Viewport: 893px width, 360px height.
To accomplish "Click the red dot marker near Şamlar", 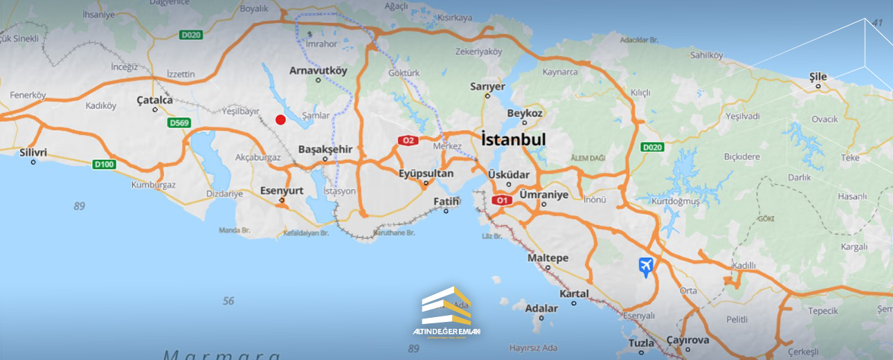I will pyautogui.click(x=280, y=120).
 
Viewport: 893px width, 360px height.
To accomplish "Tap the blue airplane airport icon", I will pyautogui.click(x=646, y=266).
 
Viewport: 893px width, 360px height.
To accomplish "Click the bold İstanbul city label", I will pyautogui.click(x=513, y=139).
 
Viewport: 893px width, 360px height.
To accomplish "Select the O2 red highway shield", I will pyautogui.click(x=408, y=141).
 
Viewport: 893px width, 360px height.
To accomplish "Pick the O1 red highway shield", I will pyautogui.click(x=502, y=200).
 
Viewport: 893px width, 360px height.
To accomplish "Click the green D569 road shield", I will pyautogui.click(x=179, y=123).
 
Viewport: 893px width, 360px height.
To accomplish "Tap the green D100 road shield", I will pyautogui.click(x=103, y=164).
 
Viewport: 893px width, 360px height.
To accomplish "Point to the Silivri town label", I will pyautogui.click(x=33, y=152).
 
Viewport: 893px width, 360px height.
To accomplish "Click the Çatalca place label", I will pyautogui.click(x=154, y=100).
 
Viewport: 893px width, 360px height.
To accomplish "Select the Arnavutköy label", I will pyautogui.click(x=318, y=70).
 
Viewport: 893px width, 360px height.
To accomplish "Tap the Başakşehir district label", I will pyautogui.click(x=325, y=149).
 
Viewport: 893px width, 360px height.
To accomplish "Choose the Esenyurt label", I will pyautogui.click(x=282, y=190).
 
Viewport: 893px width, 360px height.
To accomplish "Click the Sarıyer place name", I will pyautogui.click(x=488, y=87).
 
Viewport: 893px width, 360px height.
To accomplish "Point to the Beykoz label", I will pyautogui.click(x=525, y=113).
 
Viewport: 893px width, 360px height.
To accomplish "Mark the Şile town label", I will pyautogui.click(x=818, y=76).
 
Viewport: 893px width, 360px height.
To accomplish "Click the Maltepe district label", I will pyautogui.click(x=548, y=258).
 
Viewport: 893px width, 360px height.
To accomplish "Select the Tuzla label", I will pyautogui.click(x=642, y=343).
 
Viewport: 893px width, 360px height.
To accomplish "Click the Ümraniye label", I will pyautogui.click(x=543, y=195).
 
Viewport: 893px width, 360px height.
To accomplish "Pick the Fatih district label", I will pyautogui.click(x=446, y=201).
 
